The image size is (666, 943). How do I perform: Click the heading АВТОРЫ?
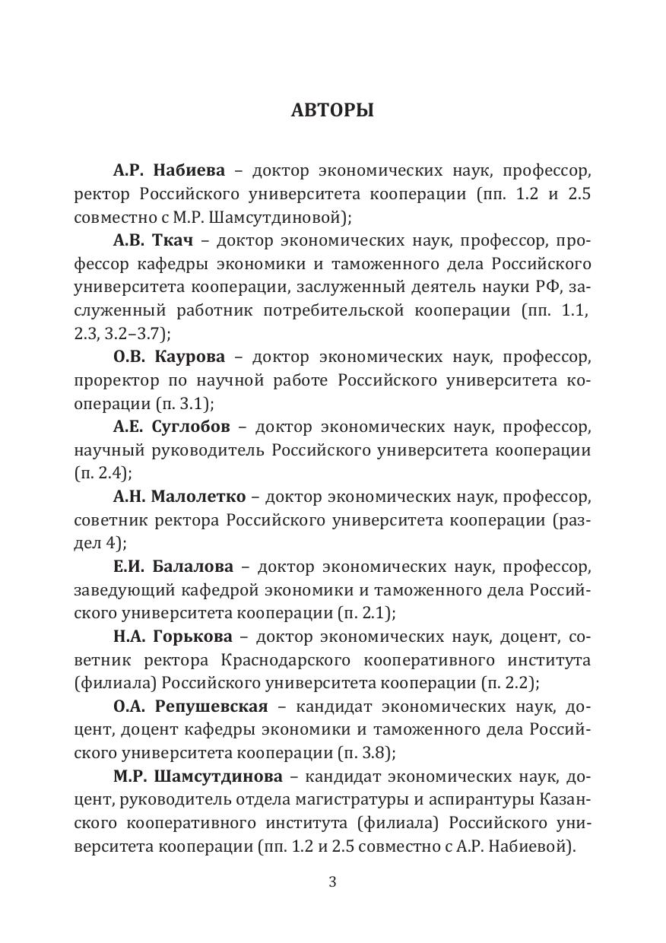pyautogui.click(x=332, y=111)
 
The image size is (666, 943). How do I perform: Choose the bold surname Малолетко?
pyautogui.click(x=198, y=497)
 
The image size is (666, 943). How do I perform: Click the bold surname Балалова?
pyautogui.click(x=193, y=567)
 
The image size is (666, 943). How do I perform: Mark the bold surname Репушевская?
pyautogui.click(x=211, y=707)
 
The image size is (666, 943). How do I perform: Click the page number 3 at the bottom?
pyautogui.click(x=332, y=882)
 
